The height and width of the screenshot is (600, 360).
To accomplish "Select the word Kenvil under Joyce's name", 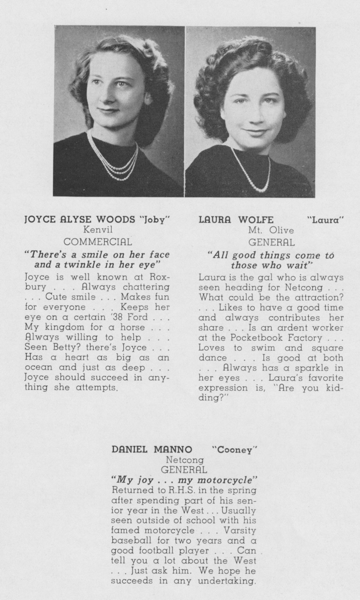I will coord(97,230).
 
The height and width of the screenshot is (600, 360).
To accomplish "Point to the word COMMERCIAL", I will coord(97,241).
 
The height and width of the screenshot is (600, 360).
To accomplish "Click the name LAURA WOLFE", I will coord(230,220).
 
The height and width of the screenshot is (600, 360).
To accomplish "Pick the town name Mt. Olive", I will coord(271,230).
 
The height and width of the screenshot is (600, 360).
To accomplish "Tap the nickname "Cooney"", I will coord(234,449).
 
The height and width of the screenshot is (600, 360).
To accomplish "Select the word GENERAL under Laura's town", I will coord(271,242).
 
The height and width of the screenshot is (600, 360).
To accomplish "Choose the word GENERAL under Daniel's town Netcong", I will coord(184,469).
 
